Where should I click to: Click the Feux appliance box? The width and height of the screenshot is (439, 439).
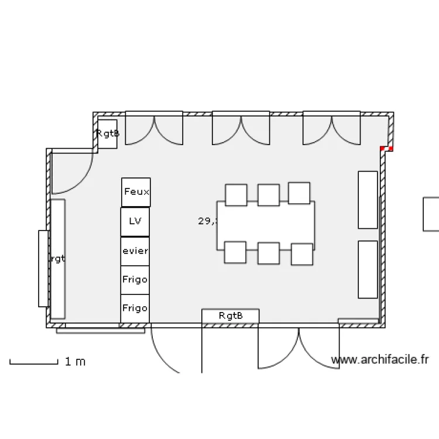136,192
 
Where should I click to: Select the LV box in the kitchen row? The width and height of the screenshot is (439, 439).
135,222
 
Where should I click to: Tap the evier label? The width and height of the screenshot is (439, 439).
135,251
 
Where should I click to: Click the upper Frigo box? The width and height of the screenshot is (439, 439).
135,280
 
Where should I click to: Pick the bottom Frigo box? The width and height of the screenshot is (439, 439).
135,308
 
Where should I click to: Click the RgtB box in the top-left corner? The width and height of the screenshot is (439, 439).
108,133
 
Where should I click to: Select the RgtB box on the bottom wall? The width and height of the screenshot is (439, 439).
230,316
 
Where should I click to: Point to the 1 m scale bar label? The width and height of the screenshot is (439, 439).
75,362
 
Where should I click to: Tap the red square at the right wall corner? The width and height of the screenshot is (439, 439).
386,149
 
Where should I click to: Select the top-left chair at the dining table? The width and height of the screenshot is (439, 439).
236,195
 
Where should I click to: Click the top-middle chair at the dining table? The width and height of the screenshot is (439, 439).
268,195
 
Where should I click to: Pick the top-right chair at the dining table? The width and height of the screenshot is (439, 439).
299,193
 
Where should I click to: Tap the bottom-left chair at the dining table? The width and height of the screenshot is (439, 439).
234,252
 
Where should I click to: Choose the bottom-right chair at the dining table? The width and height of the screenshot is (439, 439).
302,254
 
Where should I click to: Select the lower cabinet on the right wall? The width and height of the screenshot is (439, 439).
368,269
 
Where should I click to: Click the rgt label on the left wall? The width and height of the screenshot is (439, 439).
57,259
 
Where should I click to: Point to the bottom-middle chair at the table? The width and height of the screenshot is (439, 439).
269,253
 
